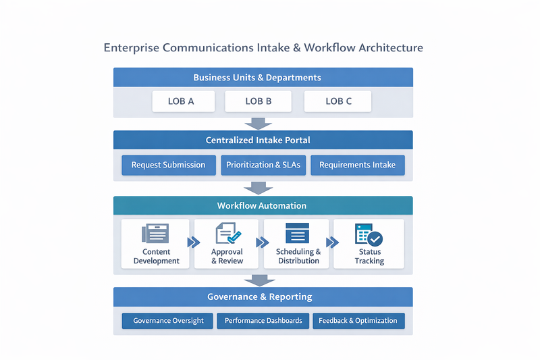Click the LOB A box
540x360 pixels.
pyautogui.click(x=182, y=101)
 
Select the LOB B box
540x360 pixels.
pyautogui.click(x=259, y=101)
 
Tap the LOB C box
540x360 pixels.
pyautogui.click(x=338, y=101)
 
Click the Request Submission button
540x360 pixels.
pyautogui.click(x=168, y=165)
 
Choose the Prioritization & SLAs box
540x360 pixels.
pyautogui.click(x=263, y=165)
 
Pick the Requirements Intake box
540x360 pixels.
pyautogui.click(x=358, y=165)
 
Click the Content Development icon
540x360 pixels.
pyautogui.click(x=155, y=234)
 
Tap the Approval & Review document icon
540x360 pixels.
pyautogui.click(x=227, y=234)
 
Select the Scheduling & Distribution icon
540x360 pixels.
pyautogui.click(x=297, y=233)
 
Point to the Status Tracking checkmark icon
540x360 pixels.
pyautogui.click(x=369, y=234)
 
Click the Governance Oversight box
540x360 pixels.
pyautogui.click(x=168, y=321)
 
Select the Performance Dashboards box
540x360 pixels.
pyautogui.click(x=263, y=321)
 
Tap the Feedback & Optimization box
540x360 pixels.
pyautogui.click(x=358, y=321)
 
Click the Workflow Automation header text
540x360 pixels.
pyautogui.click(x=262, y=205)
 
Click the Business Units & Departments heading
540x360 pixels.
pyautogui.click(x=257, y=78)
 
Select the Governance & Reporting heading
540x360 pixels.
pyautogui.click(x=260, y=297)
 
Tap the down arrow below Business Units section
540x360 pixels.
pyautogui.click(x=258, y=124)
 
